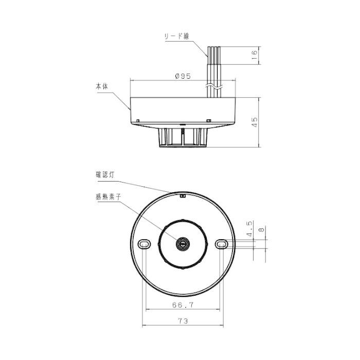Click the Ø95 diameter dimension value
click(183, 76)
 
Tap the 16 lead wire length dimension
click(254, 56)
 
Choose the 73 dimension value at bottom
click(183, 320)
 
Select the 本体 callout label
click(102, 87)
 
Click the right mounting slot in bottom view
click(222, 243)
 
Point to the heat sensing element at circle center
click(184, 243)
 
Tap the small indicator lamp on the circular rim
click(184, 195)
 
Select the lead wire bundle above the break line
click(213, 64)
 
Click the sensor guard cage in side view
click(184, 138)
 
